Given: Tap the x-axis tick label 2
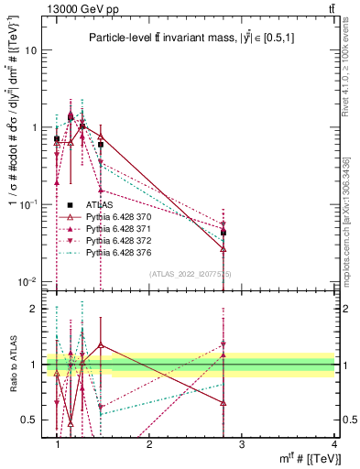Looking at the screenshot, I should [149, 444].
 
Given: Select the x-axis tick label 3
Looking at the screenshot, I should [242, 444].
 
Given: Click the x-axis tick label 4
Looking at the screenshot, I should [333, 444].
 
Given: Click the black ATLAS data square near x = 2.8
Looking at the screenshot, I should [224, 233].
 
